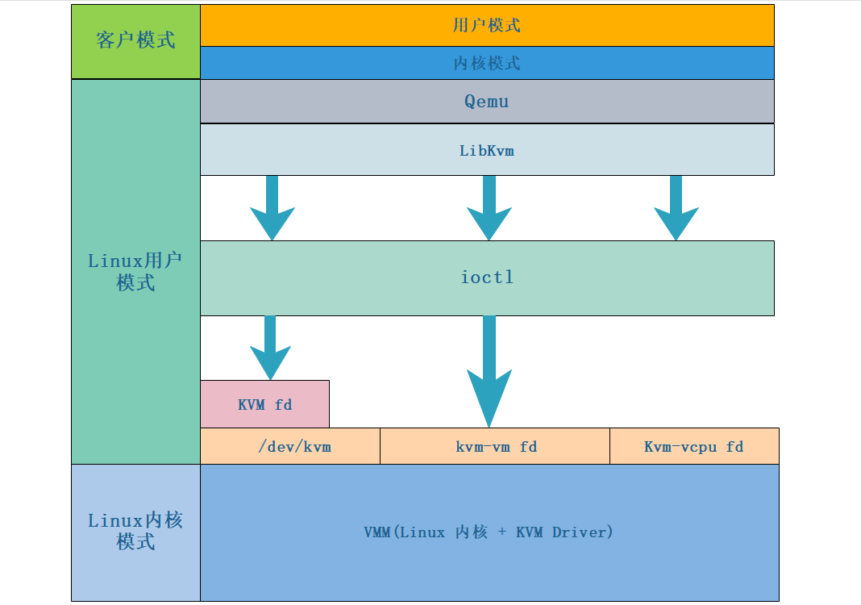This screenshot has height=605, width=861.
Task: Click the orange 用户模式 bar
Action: [x=487, y=25]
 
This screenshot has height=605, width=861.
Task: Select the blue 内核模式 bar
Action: [x=487, y=63]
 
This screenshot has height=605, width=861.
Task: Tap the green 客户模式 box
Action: [x=135, y=41]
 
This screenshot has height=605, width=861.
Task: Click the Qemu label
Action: [x=487, y=102]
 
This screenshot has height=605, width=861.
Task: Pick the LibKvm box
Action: [x=487, y=150]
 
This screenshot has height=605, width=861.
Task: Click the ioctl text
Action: [x=487, y=277]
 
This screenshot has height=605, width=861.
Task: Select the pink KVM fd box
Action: [x=264, y=404]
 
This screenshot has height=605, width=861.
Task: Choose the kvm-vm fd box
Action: [x=495, y=446]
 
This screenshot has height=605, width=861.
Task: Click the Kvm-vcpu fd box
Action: [x=693, y=446]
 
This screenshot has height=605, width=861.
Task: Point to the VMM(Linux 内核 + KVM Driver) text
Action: [x=489, y=532]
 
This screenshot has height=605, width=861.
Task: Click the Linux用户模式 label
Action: [x=135, y=272]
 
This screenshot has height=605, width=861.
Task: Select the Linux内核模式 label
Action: [x=135, y=531]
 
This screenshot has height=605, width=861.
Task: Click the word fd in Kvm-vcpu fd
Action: [x=734, y=446]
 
